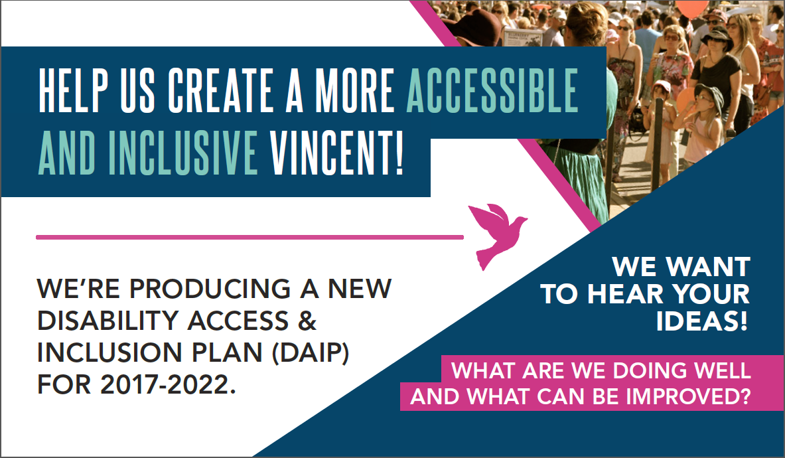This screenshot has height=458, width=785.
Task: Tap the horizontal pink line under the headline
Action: pyautogui.click(x=249, y=236)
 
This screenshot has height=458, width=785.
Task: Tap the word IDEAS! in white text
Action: pyautogui.click(x=703, y=322)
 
